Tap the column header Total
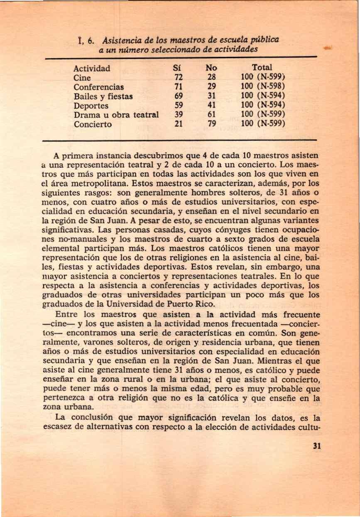[x=262, y=67]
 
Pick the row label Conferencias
[x=99, y=87]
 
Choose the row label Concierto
[x=93, y=125]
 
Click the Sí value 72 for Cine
[x=179, y=78]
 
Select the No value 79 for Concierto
[x=212, y=124]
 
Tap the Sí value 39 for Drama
[x=179, y=115]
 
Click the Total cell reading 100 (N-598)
[x=262, y=87]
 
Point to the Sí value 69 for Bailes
[x=179, y=96]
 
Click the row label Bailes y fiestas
[x=103, y=97]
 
